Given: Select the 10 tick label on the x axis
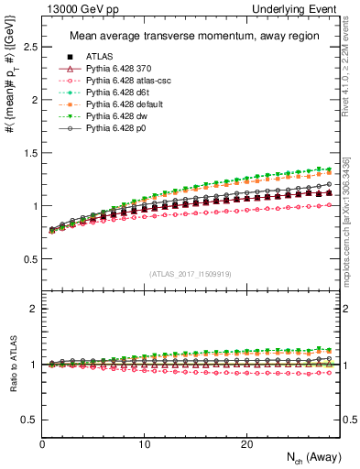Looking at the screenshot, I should click(x=144, y=444).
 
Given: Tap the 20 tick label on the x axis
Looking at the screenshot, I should click(x=246, y=444).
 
